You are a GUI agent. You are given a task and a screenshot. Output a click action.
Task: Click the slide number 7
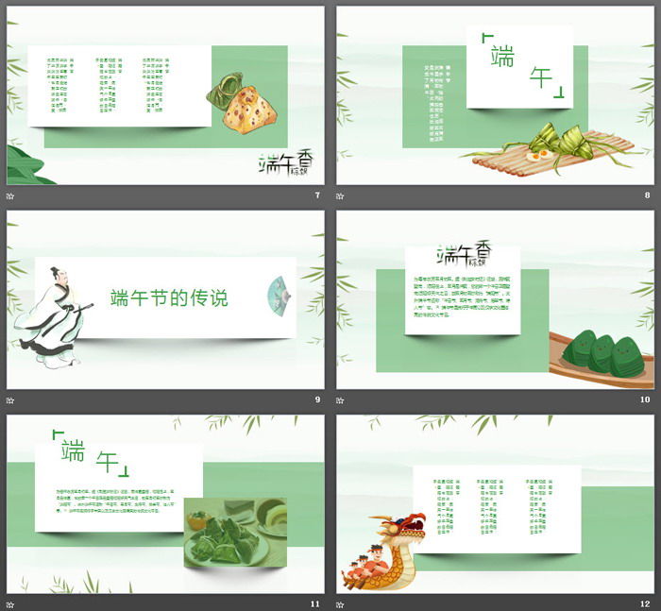click(x=317, y=195)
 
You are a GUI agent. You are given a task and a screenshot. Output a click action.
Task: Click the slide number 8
click(x=647, y=195)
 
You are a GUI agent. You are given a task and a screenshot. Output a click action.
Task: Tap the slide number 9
click(x=317, y=399)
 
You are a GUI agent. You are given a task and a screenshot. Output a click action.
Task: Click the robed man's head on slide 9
click(x=56, y=280)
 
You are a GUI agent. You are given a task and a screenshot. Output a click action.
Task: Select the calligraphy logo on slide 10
click(x=463, y=255)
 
